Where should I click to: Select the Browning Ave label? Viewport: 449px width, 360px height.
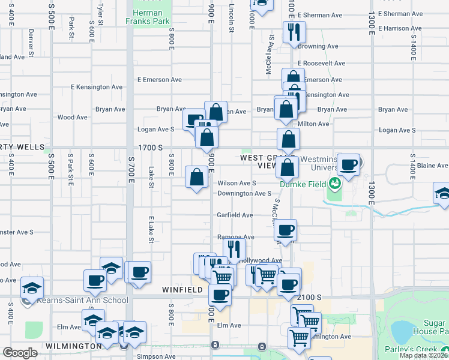[318, 46]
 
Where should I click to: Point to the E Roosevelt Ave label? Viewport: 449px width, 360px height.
[322, 63]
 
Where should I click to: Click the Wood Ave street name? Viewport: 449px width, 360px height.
[73, 118]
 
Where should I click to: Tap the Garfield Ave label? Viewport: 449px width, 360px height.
[235, 215]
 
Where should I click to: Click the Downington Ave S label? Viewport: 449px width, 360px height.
[245, 194]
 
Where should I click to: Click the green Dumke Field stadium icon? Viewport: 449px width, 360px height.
[333, 179]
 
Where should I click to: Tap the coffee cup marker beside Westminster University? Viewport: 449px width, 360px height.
[348, 164]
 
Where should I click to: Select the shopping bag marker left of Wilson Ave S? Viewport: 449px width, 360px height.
[197, 177]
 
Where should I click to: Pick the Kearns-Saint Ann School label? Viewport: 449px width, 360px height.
[82, 300]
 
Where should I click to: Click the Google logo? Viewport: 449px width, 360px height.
[20, 353]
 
